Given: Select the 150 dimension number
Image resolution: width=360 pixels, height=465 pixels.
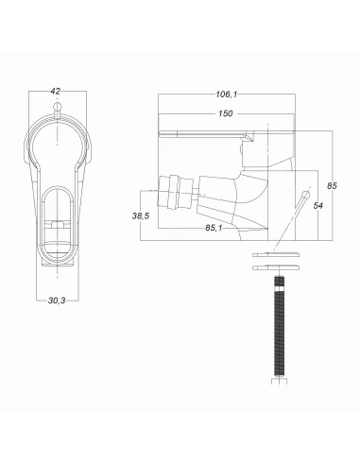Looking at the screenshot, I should click(226, 113).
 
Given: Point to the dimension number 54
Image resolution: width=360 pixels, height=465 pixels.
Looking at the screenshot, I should click(318, 206).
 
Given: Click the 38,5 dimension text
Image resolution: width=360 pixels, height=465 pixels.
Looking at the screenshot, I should click(142, 215).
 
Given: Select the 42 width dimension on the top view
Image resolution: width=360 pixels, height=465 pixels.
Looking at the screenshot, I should click(55, 92).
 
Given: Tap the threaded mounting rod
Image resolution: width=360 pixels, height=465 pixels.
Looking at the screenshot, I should click(280, 331).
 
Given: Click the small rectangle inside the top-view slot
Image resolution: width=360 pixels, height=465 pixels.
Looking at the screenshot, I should click(59, 226).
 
